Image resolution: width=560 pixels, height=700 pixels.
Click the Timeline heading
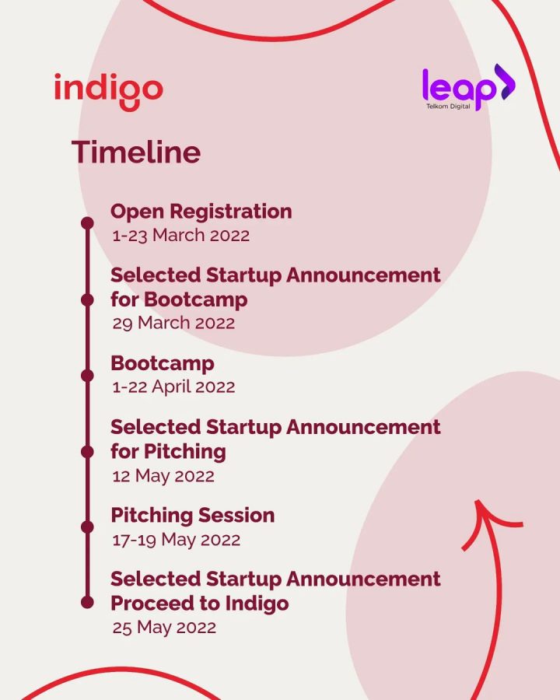[136, 152]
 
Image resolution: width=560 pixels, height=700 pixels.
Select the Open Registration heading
[201, 211]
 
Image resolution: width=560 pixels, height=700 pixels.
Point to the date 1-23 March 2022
[180, 235]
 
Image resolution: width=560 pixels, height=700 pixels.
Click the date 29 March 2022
[173, 323]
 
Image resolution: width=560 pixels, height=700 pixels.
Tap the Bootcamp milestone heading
[162, 363]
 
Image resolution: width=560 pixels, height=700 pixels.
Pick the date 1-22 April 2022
[173, 387]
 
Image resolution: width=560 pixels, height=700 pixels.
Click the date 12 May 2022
[163, 475]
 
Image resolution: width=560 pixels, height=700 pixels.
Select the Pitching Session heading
[192, 515]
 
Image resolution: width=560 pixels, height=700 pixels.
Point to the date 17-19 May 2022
[176, 539]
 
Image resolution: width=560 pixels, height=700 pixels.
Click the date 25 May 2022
[163, 628]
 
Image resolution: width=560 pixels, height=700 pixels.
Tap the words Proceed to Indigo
[199, 603]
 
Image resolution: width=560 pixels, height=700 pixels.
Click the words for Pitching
[168, 451]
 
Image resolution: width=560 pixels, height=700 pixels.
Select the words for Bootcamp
[179, 299]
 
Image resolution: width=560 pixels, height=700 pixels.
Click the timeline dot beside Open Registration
[87, 223]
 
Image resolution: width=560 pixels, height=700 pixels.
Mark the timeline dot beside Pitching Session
[87, 527]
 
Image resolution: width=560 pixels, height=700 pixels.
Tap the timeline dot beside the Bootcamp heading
[87, 375]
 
